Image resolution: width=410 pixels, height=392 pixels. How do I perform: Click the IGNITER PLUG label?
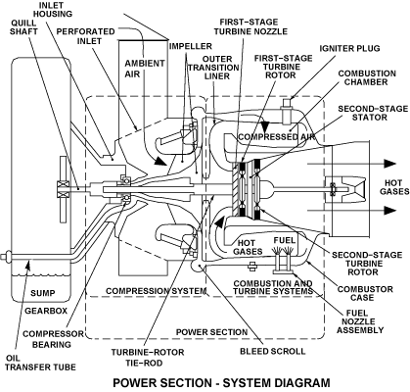349,48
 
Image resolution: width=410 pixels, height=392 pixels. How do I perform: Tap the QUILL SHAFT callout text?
23,26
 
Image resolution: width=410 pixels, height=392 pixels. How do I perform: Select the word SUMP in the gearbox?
43,293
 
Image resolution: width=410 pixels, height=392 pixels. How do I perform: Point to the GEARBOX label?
46,311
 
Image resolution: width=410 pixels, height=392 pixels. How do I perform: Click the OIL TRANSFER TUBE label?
40,363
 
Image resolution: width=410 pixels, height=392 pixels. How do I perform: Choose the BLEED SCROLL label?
273,351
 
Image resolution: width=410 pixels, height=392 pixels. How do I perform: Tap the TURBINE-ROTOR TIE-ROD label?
148,358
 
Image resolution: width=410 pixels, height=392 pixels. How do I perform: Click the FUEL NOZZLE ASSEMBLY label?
360,321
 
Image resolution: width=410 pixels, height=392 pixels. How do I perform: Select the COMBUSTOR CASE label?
365,293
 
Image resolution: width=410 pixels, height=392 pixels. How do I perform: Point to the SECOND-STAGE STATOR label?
373,113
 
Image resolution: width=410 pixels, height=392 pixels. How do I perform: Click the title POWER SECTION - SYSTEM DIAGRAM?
221,382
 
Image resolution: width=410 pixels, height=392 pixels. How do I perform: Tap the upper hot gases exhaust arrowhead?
389,164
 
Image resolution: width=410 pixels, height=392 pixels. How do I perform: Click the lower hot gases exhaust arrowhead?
389,211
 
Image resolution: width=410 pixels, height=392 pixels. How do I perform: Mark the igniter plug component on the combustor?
287,111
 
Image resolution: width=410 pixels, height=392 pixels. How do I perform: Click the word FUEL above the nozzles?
285,241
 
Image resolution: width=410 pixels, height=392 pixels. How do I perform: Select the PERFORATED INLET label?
85,36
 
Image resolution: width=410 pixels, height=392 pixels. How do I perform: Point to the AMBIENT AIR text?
145,69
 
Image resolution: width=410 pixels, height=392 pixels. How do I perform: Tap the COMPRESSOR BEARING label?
53,339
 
